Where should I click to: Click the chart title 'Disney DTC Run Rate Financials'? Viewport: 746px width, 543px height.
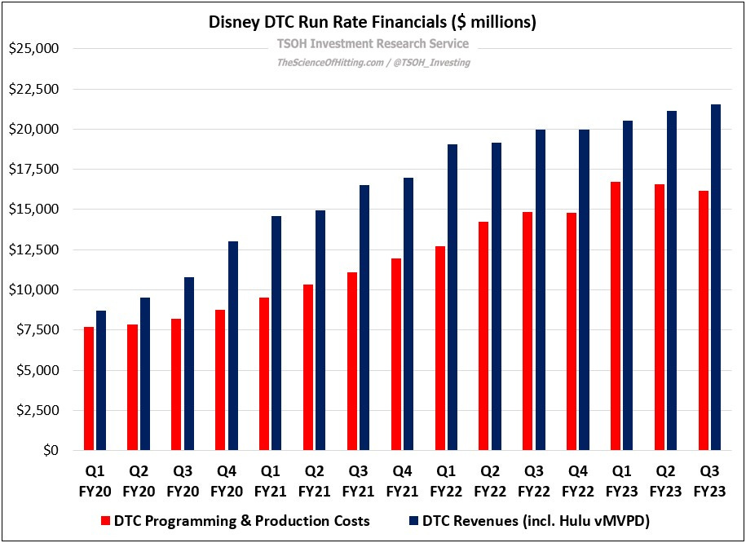(373, 22)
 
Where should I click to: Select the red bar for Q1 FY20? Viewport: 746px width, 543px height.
(90, 388)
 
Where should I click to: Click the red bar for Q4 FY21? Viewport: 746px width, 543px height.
(396, 355)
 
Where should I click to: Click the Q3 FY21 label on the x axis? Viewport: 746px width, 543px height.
(358, 481)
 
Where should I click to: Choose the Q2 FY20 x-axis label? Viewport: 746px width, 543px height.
(139, 481)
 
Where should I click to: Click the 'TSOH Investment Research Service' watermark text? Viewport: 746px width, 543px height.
(373, 44)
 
